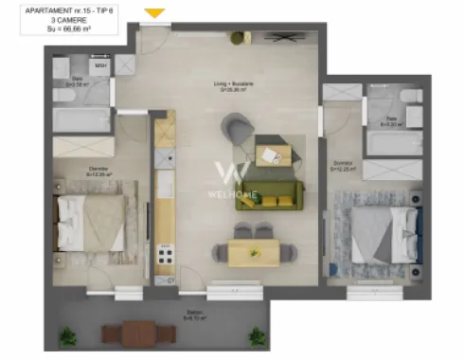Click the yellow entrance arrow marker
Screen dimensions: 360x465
click(155, 13)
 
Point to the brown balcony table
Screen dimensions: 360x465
click(127, 333)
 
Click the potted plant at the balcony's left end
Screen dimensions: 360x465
click(67, 335)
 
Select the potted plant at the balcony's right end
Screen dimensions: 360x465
click(256, 335)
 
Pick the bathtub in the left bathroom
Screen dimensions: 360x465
click(80, 120)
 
